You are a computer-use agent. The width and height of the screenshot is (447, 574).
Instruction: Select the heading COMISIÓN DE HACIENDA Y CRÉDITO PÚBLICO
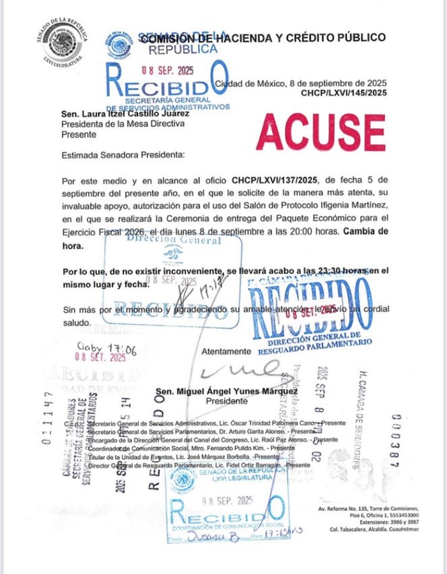263,38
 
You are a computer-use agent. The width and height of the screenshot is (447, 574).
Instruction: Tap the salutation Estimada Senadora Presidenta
122,155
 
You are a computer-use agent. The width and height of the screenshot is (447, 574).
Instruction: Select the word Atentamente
227,351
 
